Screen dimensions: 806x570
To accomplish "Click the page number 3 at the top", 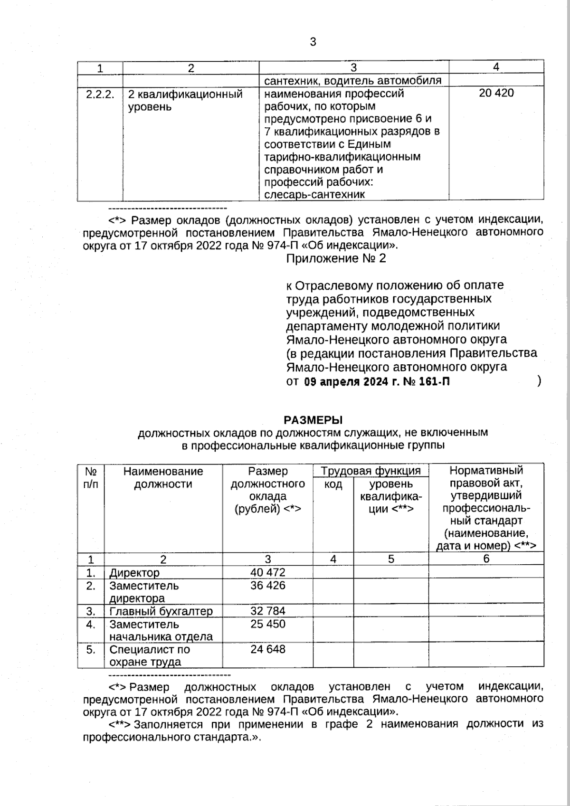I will tap(313, 42).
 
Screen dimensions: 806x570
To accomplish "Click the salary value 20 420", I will tap(496, 93).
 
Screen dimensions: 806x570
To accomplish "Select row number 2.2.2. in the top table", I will tap(100, 94).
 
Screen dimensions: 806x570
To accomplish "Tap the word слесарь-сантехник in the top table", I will tap(314, 194).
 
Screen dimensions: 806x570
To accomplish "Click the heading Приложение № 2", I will tap(336, 258).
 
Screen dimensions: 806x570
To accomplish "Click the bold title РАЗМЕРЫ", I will tap(313, 420).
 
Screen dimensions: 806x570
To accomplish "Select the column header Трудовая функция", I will tap(370, 471).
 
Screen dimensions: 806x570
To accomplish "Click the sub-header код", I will tap(333, 484).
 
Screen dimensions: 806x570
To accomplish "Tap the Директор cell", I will tap(134, 572).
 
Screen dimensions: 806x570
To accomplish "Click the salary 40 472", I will tap(268, 572).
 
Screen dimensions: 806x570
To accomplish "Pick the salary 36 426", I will tap(268, 585).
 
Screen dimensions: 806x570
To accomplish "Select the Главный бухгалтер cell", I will tap(161, 611).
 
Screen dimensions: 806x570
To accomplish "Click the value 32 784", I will tap(268, 611).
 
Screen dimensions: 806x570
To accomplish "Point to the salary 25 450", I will tap(268, 624).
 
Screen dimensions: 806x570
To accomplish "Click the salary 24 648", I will tap(268, 649).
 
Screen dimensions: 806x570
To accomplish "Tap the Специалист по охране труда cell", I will tap(150, 655).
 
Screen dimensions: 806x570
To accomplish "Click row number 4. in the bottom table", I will tap(91, 624).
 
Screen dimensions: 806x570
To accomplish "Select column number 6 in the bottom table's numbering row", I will tap(486, 559).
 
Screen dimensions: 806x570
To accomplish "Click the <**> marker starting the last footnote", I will tap(120, 724).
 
